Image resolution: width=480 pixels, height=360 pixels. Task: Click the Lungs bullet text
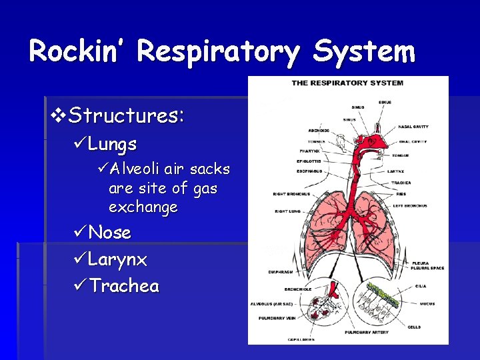(x=113, y=144)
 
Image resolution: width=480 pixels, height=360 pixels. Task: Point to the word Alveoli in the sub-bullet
(x=137, y=169)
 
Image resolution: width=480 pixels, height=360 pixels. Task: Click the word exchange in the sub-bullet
(x=143, y=207)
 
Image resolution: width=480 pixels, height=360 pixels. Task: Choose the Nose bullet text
(x=110, y=233)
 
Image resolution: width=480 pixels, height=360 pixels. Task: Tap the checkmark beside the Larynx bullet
(x=79, y=259)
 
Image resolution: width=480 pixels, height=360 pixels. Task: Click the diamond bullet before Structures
(x=59, y=116)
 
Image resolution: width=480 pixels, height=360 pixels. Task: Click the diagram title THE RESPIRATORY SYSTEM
(x=347, y=83)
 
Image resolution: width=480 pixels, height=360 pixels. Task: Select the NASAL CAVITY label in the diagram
(x=413, y=127)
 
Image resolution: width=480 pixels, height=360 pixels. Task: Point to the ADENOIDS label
(x=319, y=131)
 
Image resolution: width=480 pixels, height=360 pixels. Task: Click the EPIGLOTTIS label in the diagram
(x=309, y=161)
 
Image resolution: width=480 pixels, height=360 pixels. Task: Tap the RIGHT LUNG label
(x=288, y=211)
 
